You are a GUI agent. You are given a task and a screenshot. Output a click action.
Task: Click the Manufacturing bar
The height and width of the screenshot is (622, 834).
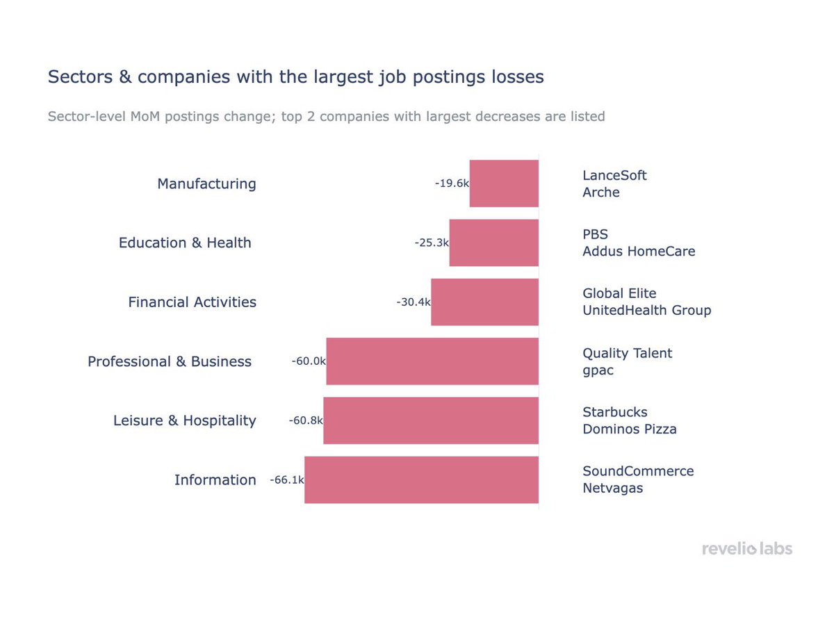[x=504, y=183]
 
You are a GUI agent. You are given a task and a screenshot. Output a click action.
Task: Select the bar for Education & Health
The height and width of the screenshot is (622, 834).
[x=493, y=243]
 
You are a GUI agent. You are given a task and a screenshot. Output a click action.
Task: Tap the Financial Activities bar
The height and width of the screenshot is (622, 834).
[x=484, y=302]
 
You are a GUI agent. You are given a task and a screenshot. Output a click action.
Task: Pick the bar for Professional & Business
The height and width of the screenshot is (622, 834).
[x=432, y=361]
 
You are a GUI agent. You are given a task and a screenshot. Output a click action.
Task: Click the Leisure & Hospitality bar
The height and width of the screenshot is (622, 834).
[x=431, y=420]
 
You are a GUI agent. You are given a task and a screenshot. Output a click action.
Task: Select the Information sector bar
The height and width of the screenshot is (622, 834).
[x=421, y=480]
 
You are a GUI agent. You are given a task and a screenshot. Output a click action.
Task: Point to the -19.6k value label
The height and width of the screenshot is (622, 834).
[x=452, y=183]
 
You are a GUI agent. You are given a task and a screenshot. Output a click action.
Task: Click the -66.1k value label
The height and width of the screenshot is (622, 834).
[x=287, y=480]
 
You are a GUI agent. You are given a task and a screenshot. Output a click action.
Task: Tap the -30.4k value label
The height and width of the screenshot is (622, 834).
[x=414, y=302]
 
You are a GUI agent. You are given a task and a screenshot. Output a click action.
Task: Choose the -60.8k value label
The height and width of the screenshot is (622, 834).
[x=306, y=420]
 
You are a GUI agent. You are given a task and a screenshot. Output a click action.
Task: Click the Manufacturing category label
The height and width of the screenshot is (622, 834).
[x=206, y=183]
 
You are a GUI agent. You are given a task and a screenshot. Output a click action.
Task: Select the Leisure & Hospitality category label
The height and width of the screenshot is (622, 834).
[x=184, y=420]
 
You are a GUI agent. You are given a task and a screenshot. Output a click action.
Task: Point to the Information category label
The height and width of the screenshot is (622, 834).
[x=215, y=480]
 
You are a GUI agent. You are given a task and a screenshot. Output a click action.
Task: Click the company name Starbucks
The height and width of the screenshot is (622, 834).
[x=614, y=412]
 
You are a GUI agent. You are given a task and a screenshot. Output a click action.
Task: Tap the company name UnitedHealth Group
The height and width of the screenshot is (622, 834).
[x=646, y=311]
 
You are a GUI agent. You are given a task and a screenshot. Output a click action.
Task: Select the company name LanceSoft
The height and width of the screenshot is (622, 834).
[x=614, y=175]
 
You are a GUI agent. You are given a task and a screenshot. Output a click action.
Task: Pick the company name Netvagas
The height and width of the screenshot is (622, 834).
[x=612, y=488]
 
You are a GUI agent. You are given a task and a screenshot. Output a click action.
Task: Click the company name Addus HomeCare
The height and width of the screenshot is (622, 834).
[x=638, y=252]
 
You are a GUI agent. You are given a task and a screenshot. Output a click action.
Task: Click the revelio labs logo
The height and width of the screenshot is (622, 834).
[x=746, y=549]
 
